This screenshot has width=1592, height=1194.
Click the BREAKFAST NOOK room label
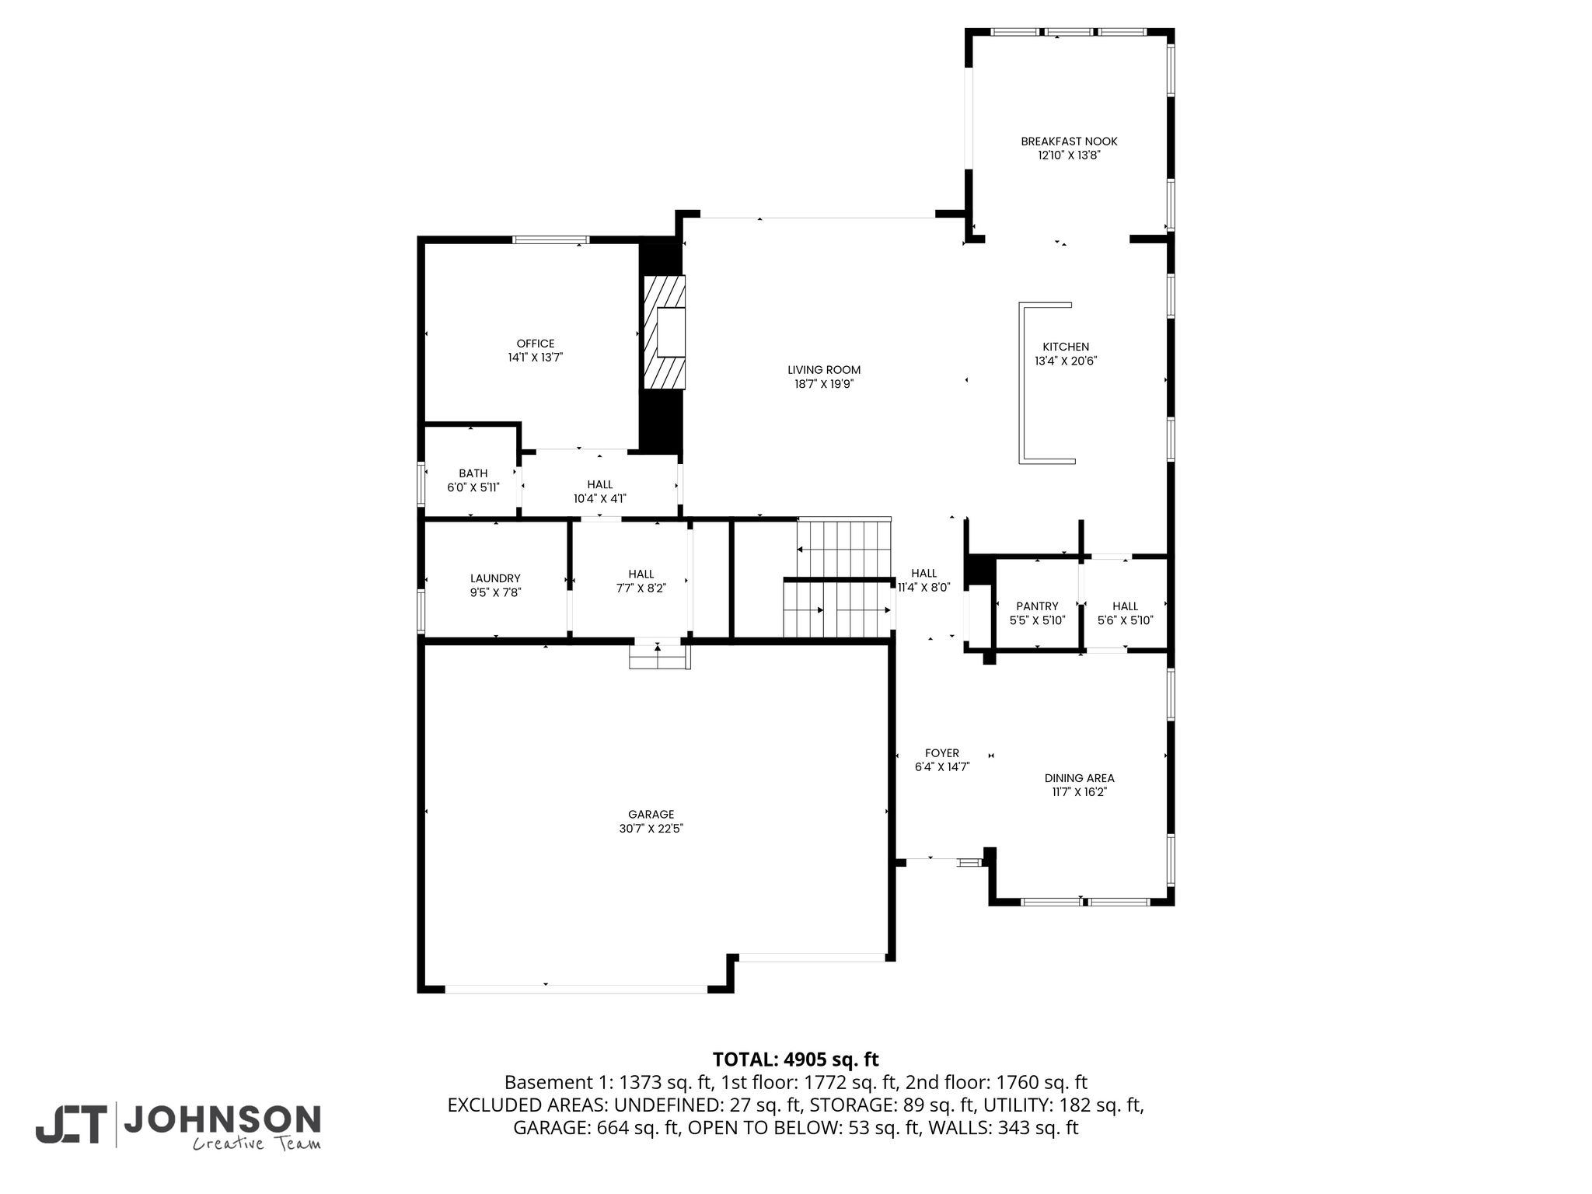click(x=1069, y=141)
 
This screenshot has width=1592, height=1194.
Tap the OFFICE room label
click(x=536, y=344)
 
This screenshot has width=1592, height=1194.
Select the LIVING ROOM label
click(x=824, y=370)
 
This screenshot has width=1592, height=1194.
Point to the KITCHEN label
click(x=1066, y=347)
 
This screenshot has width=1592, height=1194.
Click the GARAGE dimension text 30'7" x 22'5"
click(x=651, y=829)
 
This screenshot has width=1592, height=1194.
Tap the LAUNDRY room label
click(x=495, y=578)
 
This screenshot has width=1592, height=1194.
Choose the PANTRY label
click(x=1037, y=606)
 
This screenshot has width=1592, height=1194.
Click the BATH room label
click(x=473, y=473)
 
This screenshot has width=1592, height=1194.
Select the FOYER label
click(x=942, y=753)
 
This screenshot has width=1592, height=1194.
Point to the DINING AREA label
click(x=1079, y=778)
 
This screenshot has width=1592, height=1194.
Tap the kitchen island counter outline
click(x=1023, y=382)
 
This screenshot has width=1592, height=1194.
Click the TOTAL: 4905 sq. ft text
click(x=795, y=1060)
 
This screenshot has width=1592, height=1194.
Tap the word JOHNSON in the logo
click(x=222, y=1119)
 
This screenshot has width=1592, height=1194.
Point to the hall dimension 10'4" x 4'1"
click(x=600, y=499)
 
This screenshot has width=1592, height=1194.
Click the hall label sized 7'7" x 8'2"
click(x=641, y=574)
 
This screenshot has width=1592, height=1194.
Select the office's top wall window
click(x=550, y=239)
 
